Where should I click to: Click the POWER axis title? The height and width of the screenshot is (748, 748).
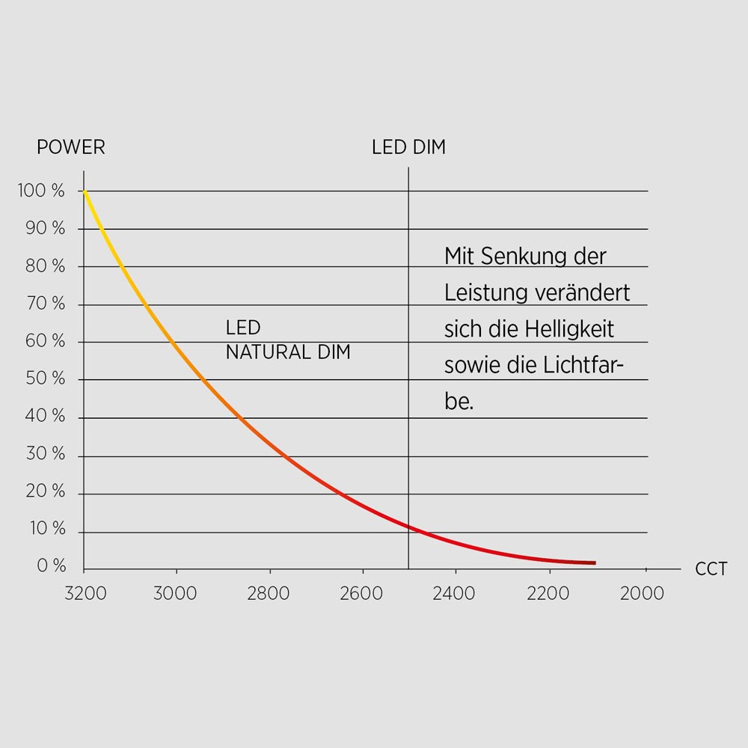pyautogui.click(x=71, y=147)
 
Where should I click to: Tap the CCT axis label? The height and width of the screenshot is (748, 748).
pyautogui.click(x=711, y=569)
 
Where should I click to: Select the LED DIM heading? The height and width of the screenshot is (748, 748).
pyautogui.click(x=408, y=147)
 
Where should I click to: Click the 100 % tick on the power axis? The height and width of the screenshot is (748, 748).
pyautogui.click(x=41, y=191)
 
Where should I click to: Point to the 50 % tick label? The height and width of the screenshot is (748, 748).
pyautogui.click(x=45, y=378)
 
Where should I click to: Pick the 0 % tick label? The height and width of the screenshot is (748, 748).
pyautogui.click(x=52, y=566)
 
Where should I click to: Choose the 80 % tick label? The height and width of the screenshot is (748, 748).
pyautogui.click(x=45, y=266)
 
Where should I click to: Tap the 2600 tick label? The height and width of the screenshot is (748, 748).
pyautogui.click(x=361, y=594)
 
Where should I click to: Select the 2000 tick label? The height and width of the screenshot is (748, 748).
pyautogui.click(x=642, y=594)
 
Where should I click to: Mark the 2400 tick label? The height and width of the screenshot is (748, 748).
pyautogui.click(x=454, y=594)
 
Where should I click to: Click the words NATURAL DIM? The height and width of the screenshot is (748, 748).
pyautogui.click(x=288, y=352)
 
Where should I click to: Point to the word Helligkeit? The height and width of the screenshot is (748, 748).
pyautogui.click(x=569, y=329)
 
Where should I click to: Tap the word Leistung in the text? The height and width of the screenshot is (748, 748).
pyautogui.click(x=487, y=293)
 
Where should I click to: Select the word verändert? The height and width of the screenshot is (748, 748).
pyautogui.click(x=583, y=293)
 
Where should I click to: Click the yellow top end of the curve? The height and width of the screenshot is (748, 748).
pyautogui.click(x=85, y=193)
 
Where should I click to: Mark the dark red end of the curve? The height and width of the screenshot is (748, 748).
pyautogui.click(x=593, y=562)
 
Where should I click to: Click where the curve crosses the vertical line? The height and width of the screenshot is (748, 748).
pyautogui.click(x=408, y=526)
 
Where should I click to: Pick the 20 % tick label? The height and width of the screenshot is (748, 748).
pyautogui.click(x=45, y=491)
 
